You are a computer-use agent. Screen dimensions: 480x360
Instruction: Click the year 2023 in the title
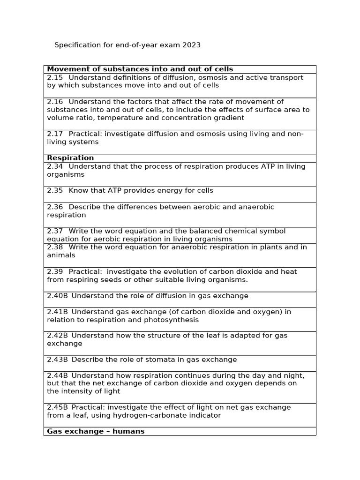pos(191,45)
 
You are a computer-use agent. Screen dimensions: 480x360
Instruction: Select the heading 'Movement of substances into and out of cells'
pos(140,69)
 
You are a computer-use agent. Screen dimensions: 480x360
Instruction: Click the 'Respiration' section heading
pos(70,158)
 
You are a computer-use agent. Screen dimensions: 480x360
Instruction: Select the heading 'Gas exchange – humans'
pos(96,431)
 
